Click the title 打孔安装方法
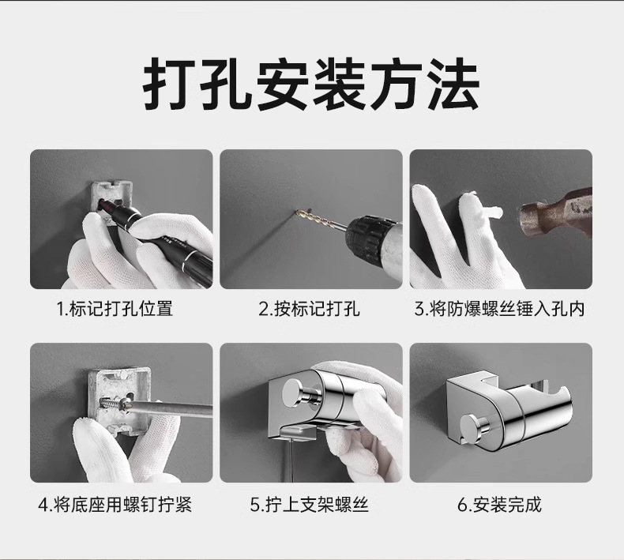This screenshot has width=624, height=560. (310, 84)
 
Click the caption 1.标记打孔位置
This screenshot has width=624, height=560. (115, 309)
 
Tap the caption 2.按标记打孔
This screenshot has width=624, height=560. (309, 309)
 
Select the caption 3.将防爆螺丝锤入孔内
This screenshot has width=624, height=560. (499, 309)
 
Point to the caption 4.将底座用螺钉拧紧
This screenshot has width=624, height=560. (115, 505)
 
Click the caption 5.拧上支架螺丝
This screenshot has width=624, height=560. (309, 505)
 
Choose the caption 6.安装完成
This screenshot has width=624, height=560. (499, 505)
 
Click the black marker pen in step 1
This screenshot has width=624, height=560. (160, 235)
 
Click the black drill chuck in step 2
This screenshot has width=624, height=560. (368, 235)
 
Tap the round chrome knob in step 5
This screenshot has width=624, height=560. (299, 393)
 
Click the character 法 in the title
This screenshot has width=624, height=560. (453, 85)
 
